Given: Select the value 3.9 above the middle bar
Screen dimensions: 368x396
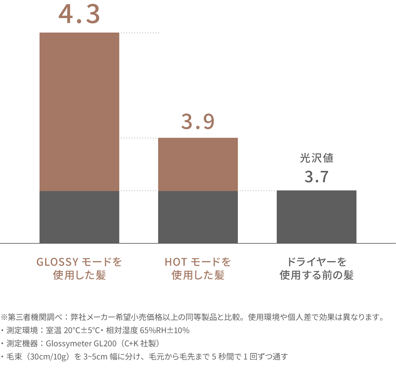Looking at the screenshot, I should click(198, 122).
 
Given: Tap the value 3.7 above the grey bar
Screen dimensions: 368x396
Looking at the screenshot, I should click(316, 177).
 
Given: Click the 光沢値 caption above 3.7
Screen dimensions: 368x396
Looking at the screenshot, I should click(316, 159).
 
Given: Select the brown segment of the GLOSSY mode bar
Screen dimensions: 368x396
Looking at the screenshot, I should click(79, 112).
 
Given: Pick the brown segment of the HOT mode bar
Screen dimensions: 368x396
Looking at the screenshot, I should click(198, 164).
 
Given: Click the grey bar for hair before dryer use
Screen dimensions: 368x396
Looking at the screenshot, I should click(316, 217).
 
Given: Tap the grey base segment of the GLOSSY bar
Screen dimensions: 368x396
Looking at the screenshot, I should click(79, 217).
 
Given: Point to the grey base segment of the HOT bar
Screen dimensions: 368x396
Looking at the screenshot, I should click(198, 217).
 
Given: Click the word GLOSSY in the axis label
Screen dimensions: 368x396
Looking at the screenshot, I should click(57, 262).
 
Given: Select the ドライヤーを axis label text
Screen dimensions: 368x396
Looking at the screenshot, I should click(316, 262).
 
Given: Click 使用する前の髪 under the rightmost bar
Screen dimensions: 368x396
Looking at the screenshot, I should click(316, 275).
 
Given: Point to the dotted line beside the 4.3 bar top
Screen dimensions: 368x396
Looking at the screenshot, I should click(140, 33).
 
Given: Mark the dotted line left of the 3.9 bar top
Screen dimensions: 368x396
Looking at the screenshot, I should click(138, 138).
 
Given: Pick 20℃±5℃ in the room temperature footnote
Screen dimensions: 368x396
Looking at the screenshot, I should click(82, 331).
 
